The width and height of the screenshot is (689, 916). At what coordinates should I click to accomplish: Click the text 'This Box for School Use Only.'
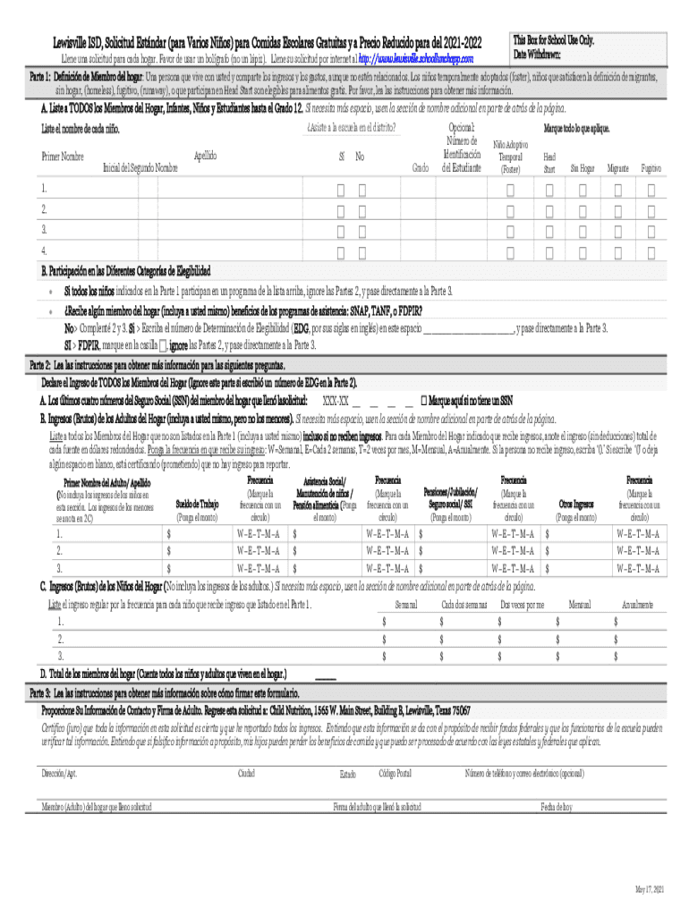553,41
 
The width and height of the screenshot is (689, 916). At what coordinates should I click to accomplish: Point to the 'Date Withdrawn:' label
538,55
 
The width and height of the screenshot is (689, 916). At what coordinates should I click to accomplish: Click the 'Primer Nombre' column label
63,157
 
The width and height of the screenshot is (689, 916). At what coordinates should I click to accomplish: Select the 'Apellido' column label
206,156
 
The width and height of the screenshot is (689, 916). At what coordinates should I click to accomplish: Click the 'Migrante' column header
617,168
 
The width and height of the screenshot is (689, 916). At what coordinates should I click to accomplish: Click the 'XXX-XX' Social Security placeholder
336,402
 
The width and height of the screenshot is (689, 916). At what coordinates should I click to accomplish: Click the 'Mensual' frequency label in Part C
580,606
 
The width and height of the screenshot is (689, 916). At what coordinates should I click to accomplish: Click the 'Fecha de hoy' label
556,807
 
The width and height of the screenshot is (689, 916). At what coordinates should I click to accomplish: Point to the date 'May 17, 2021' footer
649,889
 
